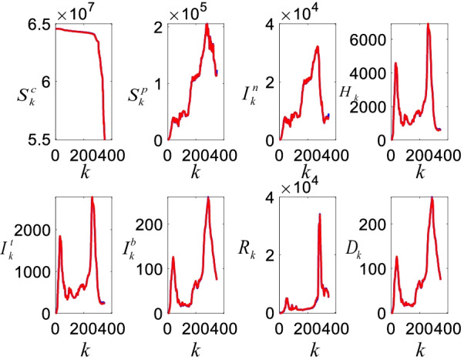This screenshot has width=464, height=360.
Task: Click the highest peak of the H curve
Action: [x=428, y=25]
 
